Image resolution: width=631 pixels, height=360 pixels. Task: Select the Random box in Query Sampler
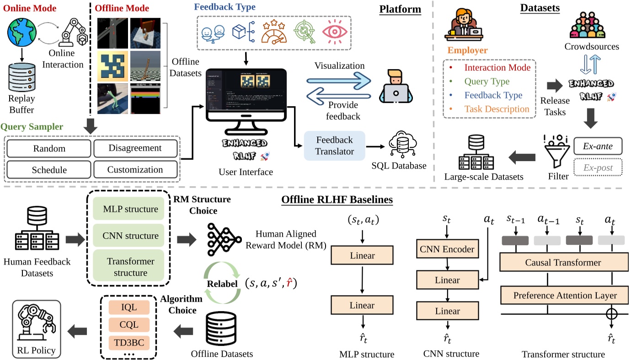coord(49,149)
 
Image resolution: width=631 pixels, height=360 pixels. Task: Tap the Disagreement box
coord(135,149)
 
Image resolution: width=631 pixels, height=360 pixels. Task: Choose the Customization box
coord(135,170)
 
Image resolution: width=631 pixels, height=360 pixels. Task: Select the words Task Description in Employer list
coord(497,109)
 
